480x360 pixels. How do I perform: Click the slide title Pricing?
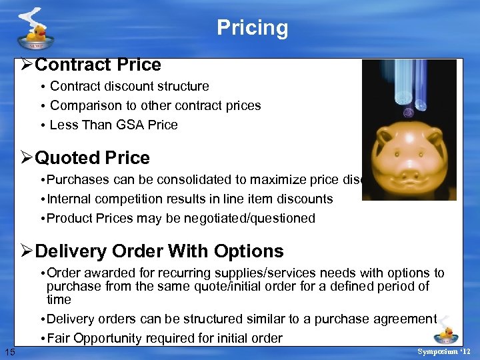click(252, 28)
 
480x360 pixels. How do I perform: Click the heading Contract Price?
click(97, 65)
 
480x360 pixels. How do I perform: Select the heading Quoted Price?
click(92, 158)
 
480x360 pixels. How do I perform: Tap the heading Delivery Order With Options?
click(159, 251)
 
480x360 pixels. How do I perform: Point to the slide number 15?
click(9, 351)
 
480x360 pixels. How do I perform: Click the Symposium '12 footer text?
click(443, 351)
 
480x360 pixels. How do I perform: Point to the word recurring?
click(167, 273)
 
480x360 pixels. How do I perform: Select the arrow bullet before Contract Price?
click(27, 65)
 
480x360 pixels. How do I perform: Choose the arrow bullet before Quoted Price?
click(27, 158)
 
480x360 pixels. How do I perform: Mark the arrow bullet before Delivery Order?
click(27, 251)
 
